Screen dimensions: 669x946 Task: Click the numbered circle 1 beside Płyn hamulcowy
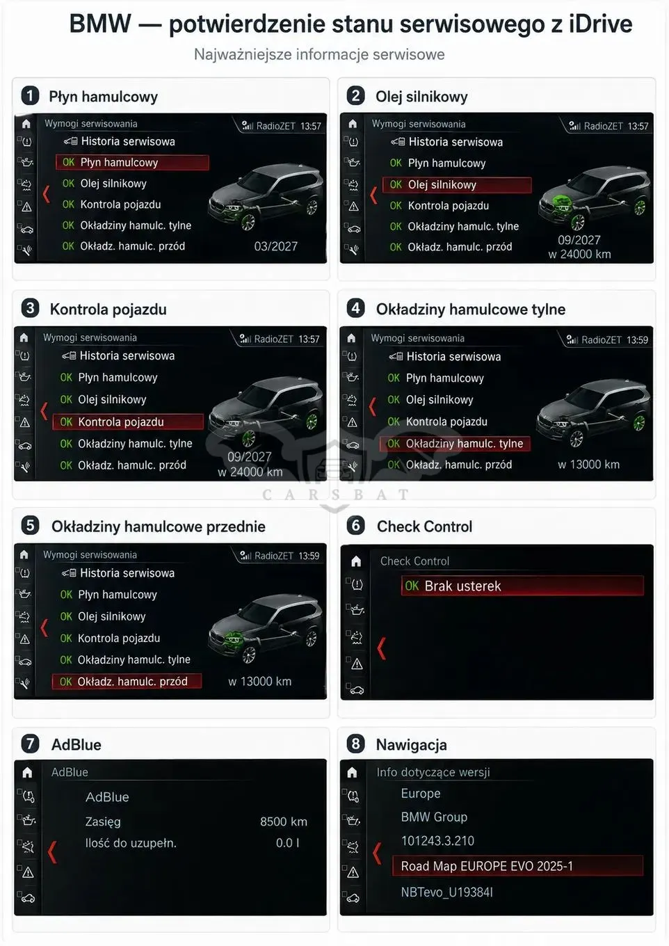click(30, 96)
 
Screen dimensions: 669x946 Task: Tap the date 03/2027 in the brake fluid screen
click(276, 246)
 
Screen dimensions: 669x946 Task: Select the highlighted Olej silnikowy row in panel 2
click(457, 184)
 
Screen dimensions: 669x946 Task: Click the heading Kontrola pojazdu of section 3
click(108, 309)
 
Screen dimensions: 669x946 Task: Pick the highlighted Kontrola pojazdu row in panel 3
click(128, 422)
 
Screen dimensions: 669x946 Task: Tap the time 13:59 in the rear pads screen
click(637, 340)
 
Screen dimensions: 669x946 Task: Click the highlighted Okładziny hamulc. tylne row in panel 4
click(455, 444)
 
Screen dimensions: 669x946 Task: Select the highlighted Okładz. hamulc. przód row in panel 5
click(127, 681)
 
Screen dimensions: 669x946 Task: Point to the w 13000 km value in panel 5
click(260, 681)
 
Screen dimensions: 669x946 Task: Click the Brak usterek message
click(522, 586)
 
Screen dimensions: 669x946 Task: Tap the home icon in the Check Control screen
click(356, 561)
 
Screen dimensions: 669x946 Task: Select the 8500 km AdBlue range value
click(284, 821)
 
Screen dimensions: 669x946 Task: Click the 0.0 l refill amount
click(288, 843)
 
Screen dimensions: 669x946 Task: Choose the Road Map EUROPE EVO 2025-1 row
click(517, 866)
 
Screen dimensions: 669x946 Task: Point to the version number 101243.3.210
click(437, 841)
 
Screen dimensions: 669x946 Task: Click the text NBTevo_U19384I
click(447, 892)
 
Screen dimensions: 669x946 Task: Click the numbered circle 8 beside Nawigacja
click(355, 744)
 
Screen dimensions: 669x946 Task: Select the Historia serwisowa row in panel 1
click(120, 141)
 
